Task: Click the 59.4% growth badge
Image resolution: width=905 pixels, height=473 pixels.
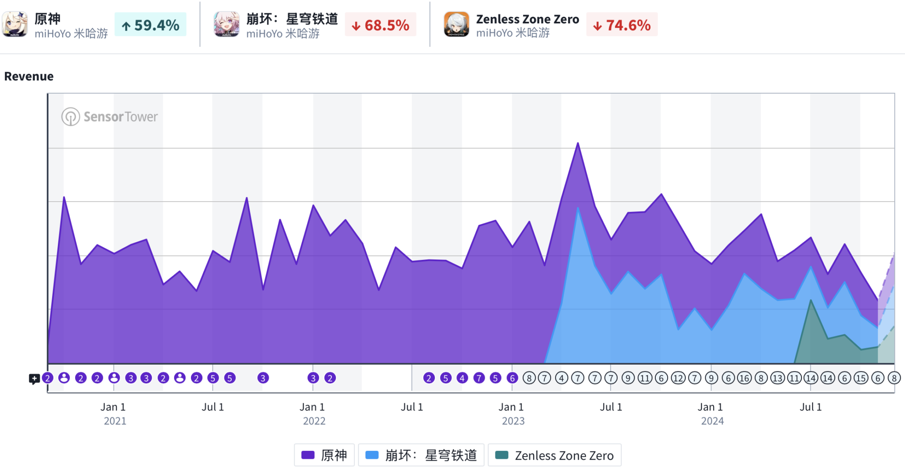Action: coord(150,25)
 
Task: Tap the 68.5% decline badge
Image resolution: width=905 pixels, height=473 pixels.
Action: coord(380,25)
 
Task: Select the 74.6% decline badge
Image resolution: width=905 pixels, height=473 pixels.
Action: coord(622,25)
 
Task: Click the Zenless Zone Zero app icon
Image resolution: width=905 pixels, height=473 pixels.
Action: coord(456,24)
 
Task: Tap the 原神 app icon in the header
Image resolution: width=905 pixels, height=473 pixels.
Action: coord(15,24)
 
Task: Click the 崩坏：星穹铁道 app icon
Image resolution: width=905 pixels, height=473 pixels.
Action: coord(227,24)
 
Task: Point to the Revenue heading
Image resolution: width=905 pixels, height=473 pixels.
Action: coord(29,76)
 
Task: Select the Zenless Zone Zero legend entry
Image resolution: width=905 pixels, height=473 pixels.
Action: coord(555,455)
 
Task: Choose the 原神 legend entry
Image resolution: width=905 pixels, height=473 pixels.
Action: coord(324,455)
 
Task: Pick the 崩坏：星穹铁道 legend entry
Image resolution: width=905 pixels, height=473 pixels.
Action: coord(421,455)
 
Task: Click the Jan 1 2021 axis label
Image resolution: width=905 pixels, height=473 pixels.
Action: coord(114,414)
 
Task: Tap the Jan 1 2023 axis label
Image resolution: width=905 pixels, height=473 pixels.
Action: coord(512,414)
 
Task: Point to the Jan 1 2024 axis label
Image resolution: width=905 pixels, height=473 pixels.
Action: coord(711,414)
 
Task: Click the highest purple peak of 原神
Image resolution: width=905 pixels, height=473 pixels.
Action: coord(578,143)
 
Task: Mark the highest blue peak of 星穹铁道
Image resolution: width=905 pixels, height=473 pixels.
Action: coord(578,208)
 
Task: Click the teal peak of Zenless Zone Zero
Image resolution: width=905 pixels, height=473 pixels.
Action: coord(811,300)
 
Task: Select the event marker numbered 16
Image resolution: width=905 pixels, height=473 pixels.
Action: coord(745,378)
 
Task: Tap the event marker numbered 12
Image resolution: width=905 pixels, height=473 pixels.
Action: coord(678,378)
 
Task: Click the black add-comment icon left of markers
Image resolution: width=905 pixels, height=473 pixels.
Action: coord(34,379)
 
